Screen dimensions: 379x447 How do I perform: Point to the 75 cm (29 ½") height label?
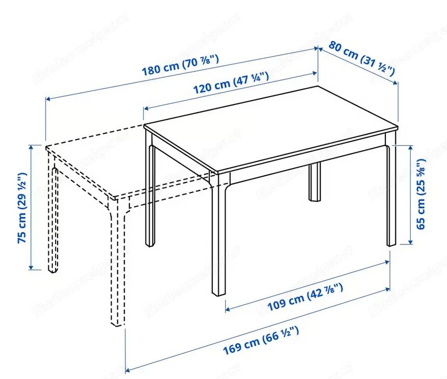[22, 208]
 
